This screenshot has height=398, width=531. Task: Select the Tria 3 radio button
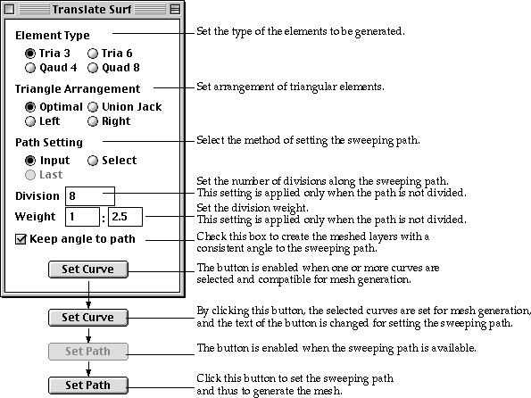click(30, 54)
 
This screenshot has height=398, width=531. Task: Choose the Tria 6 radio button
click(93, 54)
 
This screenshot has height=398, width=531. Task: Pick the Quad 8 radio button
click(93, 68)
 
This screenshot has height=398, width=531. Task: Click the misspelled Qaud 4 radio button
click(30, 68)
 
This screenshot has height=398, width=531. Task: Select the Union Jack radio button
click(93, 107)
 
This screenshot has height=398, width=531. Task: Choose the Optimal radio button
click(30, 107)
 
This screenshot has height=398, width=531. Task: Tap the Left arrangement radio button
click(30, 121)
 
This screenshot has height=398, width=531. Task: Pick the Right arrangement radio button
click(93, 121)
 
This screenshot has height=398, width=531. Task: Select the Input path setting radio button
click(30, 161)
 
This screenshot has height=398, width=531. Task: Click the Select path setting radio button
click(93, 161)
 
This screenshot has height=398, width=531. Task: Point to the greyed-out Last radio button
click(30, 175)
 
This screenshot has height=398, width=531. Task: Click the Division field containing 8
click(90, 196)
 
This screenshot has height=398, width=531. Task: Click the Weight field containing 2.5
click(125, 217)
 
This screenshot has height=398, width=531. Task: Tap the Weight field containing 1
click(82, 217)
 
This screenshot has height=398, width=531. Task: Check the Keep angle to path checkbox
click(21, 239)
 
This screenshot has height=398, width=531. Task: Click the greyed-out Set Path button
click(88, 352)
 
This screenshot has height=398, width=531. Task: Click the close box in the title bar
click(10, 9)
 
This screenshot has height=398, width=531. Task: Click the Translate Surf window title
click(92, 9)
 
